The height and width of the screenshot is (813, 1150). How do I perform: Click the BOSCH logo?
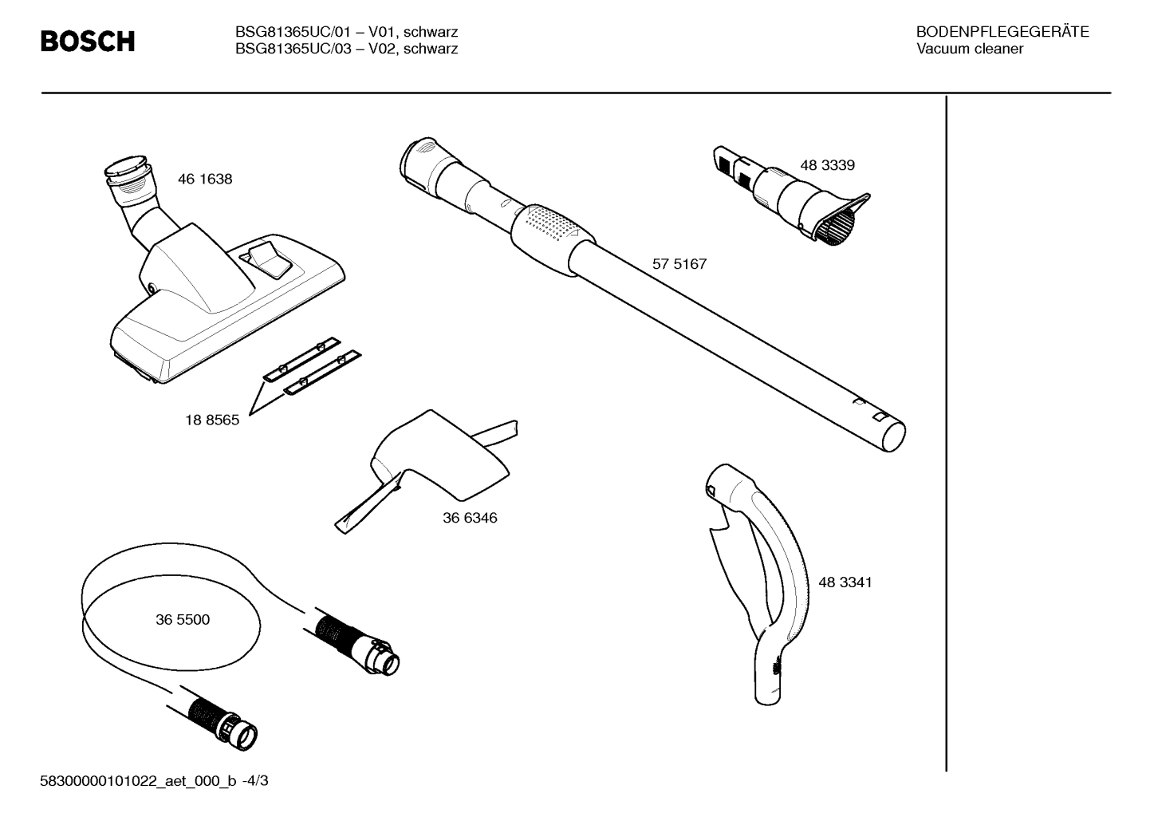point(88,41)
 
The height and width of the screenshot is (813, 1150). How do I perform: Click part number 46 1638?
point(205,180)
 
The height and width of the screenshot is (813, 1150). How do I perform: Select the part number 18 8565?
point(212,420)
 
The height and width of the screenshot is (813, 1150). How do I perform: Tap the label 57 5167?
point(679,264)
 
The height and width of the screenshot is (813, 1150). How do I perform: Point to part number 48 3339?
point(827,165)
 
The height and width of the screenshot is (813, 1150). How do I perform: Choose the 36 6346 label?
point(470,518)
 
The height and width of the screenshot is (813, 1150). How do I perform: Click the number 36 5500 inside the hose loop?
point(183,620)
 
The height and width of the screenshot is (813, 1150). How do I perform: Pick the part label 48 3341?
point(845,582)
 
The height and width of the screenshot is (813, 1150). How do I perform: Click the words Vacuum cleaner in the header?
point(969,49)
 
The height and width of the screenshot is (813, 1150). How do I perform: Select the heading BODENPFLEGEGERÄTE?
point(1002,32)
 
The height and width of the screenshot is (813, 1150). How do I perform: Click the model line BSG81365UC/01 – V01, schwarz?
point(346,32)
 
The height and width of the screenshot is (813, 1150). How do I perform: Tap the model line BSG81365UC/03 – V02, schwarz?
point(346,49)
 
